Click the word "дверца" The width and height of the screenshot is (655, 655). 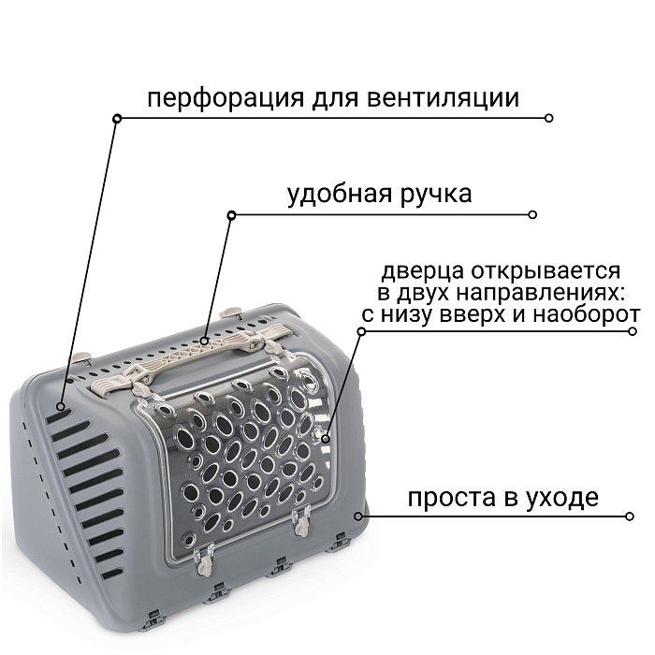(419, 271)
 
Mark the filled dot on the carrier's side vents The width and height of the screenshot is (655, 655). (61, 407)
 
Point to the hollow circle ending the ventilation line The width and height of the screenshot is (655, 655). (549, 118)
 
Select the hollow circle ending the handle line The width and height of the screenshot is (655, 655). (533, 214)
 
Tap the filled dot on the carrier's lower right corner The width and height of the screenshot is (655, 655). (357, 516)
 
